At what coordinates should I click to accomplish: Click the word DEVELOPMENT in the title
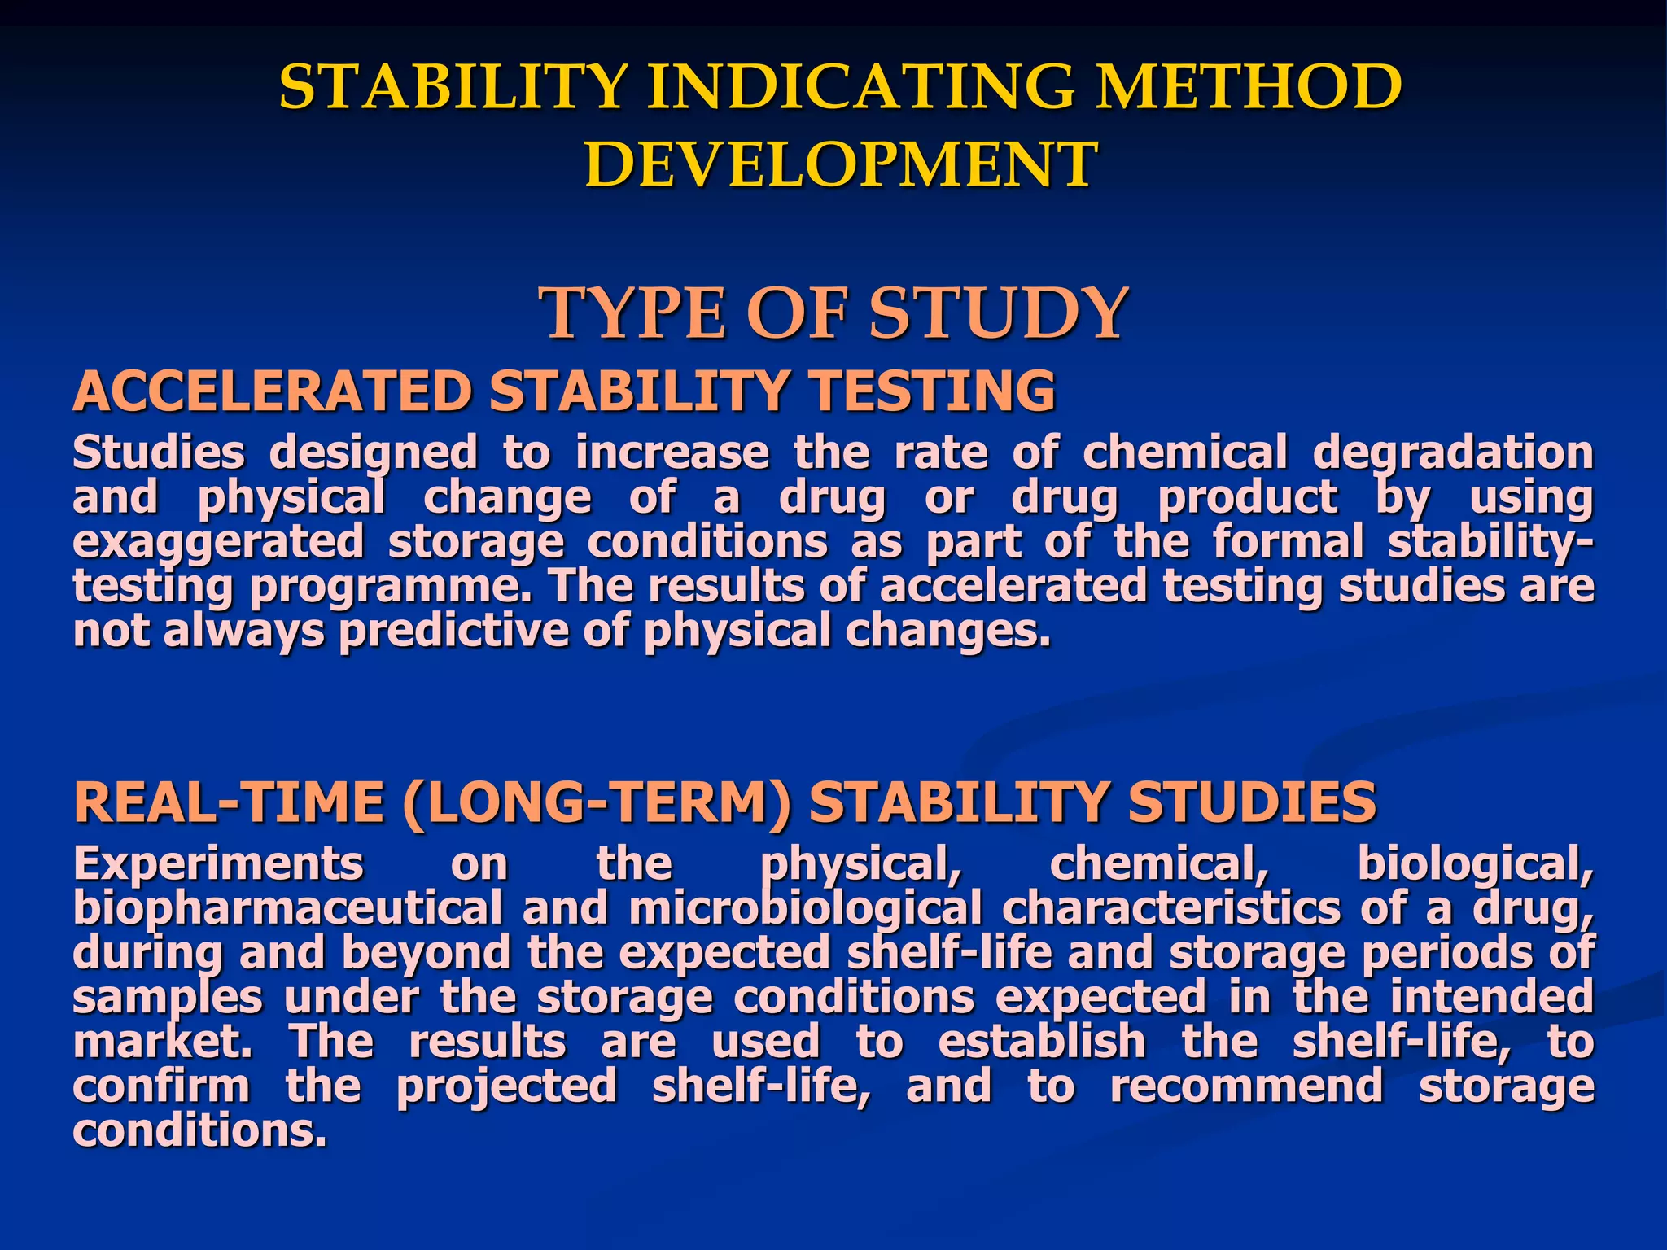(841, 164)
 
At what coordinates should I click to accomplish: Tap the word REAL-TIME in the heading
(228, 802)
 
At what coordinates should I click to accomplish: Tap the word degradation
(1452, 453)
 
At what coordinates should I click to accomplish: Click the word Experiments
(218, 863)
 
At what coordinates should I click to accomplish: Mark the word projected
(506, 1088)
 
